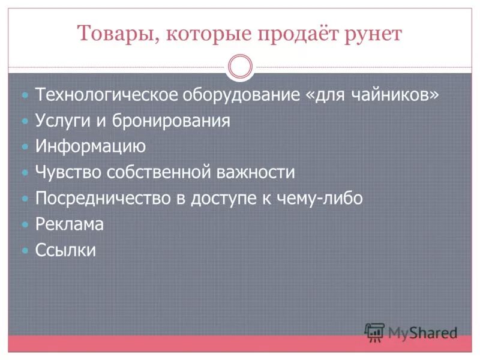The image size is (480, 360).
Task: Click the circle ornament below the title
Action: coord(241,66)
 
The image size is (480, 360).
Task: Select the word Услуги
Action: coord(62,121)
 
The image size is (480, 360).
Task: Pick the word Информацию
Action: coord(90,146)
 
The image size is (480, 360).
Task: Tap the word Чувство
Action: coord(68,172)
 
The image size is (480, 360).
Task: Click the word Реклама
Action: coord(69,224)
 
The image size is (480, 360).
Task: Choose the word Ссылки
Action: coord(65,250)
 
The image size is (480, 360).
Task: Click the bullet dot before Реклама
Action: coord(25,224)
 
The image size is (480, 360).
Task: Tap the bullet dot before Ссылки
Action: coord(25,250)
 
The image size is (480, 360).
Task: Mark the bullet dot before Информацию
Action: coord(25,146)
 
